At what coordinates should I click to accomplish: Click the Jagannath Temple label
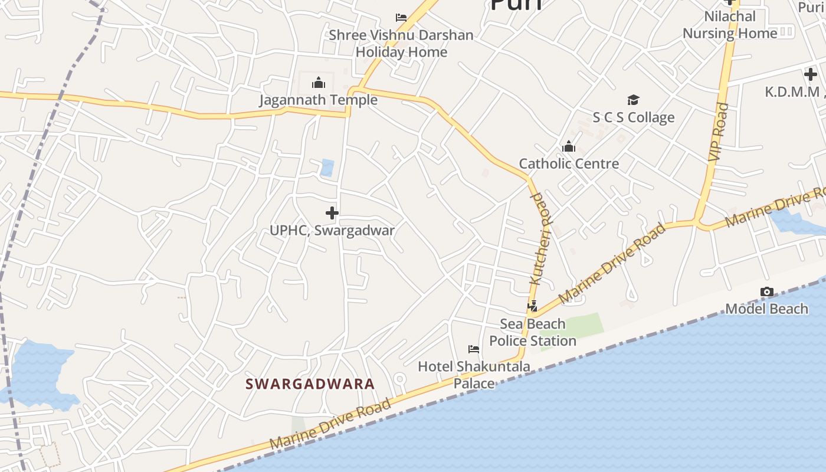pos(318,100)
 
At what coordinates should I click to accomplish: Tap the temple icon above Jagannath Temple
pos(319,82)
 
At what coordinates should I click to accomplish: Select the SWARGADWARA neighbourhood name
pos(310,384)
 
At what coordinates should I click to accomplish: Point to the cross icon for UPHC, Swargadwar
pos(332,212)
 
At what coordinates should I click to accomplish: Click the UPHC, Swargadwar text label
pos(332,230)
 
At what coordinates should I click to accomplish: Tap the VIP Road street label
pos(718,133)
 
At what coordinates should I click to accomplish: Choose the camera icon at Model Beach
pos(766,291)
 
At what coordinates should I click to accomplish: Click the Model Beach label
pos(766,309)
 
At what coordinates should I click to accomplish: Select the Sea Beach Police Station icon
pos(533,306)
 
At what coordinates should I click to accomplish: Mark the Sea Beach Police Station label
pos(533,332)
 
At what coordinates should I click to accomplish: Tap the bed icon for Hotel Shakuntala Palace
pos(473,349)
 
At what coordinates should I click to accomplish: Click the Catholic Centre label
pos(569,163)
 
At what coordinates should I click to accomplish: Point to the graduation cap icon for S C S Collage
pos(633,100)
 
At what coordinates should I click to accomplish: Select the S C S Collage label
pos(633,117)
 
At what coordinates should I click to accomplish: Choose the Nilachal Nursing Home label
pos(730,25)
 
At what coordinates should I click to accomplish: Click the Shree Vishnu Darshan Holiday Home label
pos(401,43)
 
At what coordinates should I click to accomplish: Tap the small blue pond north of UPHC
pos(327,168)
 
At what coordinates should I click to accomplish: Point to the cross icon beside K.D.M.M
pos(811,74)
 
